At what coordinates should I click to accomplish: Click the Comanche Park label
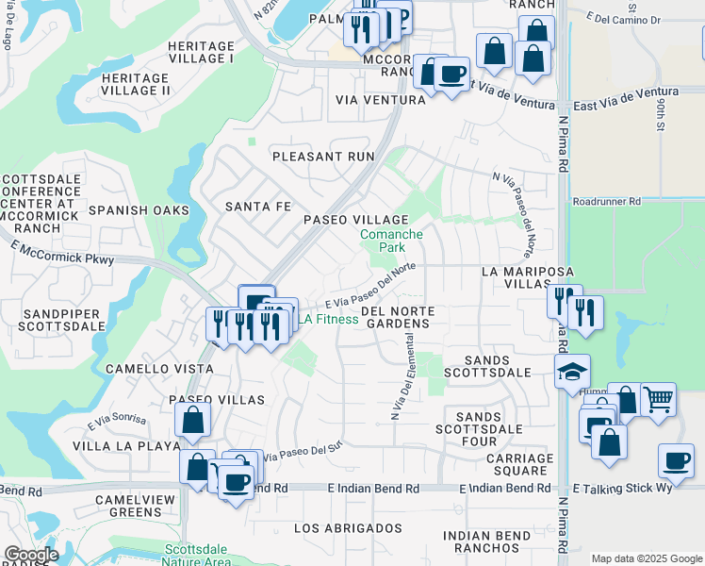coord(391,241)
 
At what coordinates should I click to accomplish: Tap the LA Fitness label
coord(329,319)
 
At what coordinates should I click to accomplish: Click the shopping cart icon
coord(658,398)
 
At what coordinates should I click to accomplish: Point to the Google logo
coord(31,555)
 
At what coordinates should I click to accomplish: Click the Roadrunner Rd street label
coord(606,201)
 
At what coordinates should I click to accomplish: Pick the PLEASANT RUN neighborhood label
coord(322,157)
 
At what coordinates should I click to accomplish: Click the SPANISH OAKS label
coord(139,210)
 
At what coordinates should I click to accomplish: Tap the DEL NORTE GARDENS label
coord(396,317)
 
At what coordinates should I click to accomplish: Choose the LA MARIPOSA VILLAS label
coord(528,277)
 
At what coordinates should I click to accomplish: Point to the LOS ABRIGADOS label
coord(348,527)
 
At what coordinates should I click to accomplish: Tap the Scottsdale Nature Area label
coord(197,555)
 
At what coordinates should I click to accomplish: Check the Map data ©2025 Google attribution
coord(647,558)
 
